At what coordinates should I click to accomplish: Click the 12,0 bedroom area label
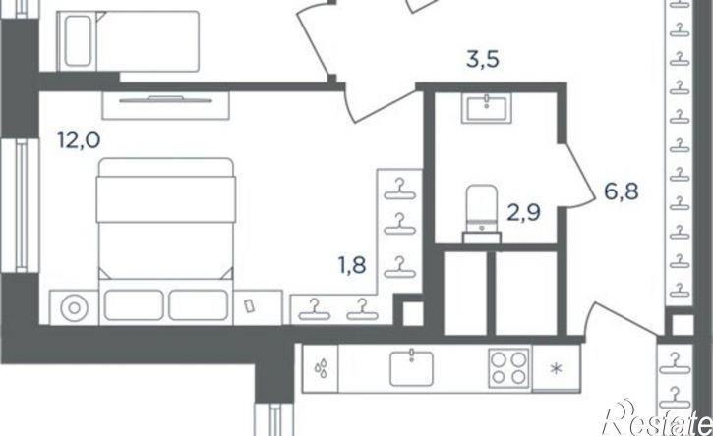pos(79,139)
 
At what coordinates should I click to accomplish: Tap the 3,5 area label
pos(483,60)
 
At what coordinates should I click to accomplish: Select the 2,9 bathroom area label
pos(524,212)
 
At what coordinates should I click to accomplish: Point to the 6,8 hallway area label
pos(622,191)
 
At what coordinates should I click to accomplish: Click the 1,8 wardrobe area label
pos(352,265)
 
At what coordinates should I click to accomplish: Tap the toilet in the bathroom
pos(482,212)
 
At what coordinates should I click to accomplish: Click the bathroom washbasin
pos(487,108)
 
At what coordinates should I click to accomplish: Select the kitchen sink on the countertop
pos(411,368)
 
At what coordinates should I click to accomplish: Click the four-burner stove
pos(508,368)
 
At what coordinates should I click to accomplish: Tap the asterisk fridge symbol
pos(556,368)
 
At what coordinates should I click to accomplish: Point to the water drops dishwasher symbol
pos(321,368)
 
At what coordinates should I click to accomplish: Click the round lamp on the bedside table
pos(74,308)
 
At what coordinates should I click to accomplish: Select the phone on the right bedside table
pos(248,305)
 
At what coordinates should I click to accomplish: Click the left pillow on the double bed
pos(134,305)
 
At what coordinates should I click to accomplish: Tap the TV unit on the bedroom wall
pos(165,105)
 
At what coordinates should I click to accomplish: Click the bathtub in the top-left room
pos(78,41)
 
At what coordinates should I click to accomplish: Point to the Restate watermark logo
pos(657,418)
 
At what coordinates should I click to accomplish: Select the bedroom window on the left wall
pos(21,205)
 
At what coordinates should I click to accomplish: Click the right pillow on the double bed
pos(199,305)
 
